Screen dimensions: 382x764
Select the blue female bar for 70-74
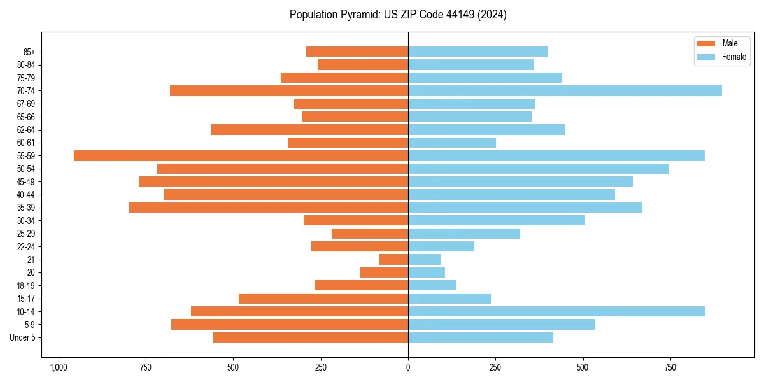pyautogui.click(x=565, y=91)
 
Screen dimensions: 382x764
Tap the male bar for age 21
pyautogui.click(x=393, y=260)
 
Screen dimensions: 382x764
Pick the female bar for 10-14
pyautogui.click(x=556, y=311)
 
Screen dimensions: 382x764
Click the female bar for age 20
pyautogui.click(x=427, y=272)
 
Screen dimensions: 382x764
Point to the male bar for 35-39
pyautogui.click(x=269, y=208)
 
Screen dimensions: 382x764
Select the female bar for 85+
pyautogui.click(x=478, y=52)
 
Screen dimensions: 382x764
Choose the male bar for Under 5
pyautogui.click(x=311, y=337)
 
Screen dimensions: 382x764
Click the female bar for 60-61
pyautogui.click(x=452, y=143)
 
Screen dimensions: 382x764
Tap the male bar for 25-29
pyautogui.click(x=370, y=234)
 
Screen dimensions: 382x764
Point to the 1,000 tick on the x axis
pyautogui.click(x=59, y=368)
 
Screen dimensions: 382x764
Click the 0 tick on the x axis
pyautogui.click(x=408, y=368)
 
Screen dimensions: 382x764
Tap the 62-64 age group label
pyautogui.click(x=26, y=130)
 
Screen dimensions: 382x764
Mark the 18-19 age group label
pyautogui.click(x=26, y=286)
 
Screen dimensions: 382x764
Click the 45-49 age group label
pyautogui.click(x=26, y=182)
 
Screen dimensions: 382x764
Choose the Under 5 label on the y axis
pyautogui.click(x=23, y=337)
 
